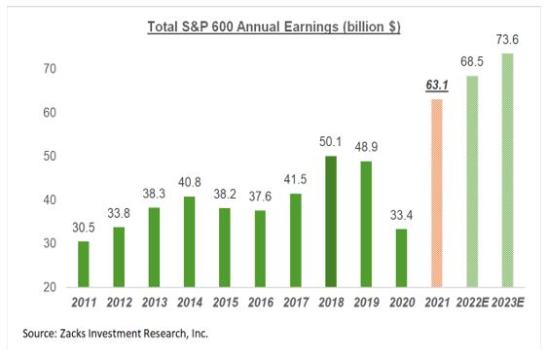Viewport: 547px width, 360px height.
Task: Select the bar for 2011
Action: tap(84, 264)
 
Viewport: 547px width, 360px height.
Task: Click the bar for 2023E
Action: tap(506, 170)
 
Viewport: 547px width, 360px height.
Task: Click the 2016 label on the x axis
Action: tap(259, 303)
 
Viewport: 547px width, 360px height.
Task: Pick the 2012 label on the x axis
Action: tap(119, 303)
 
